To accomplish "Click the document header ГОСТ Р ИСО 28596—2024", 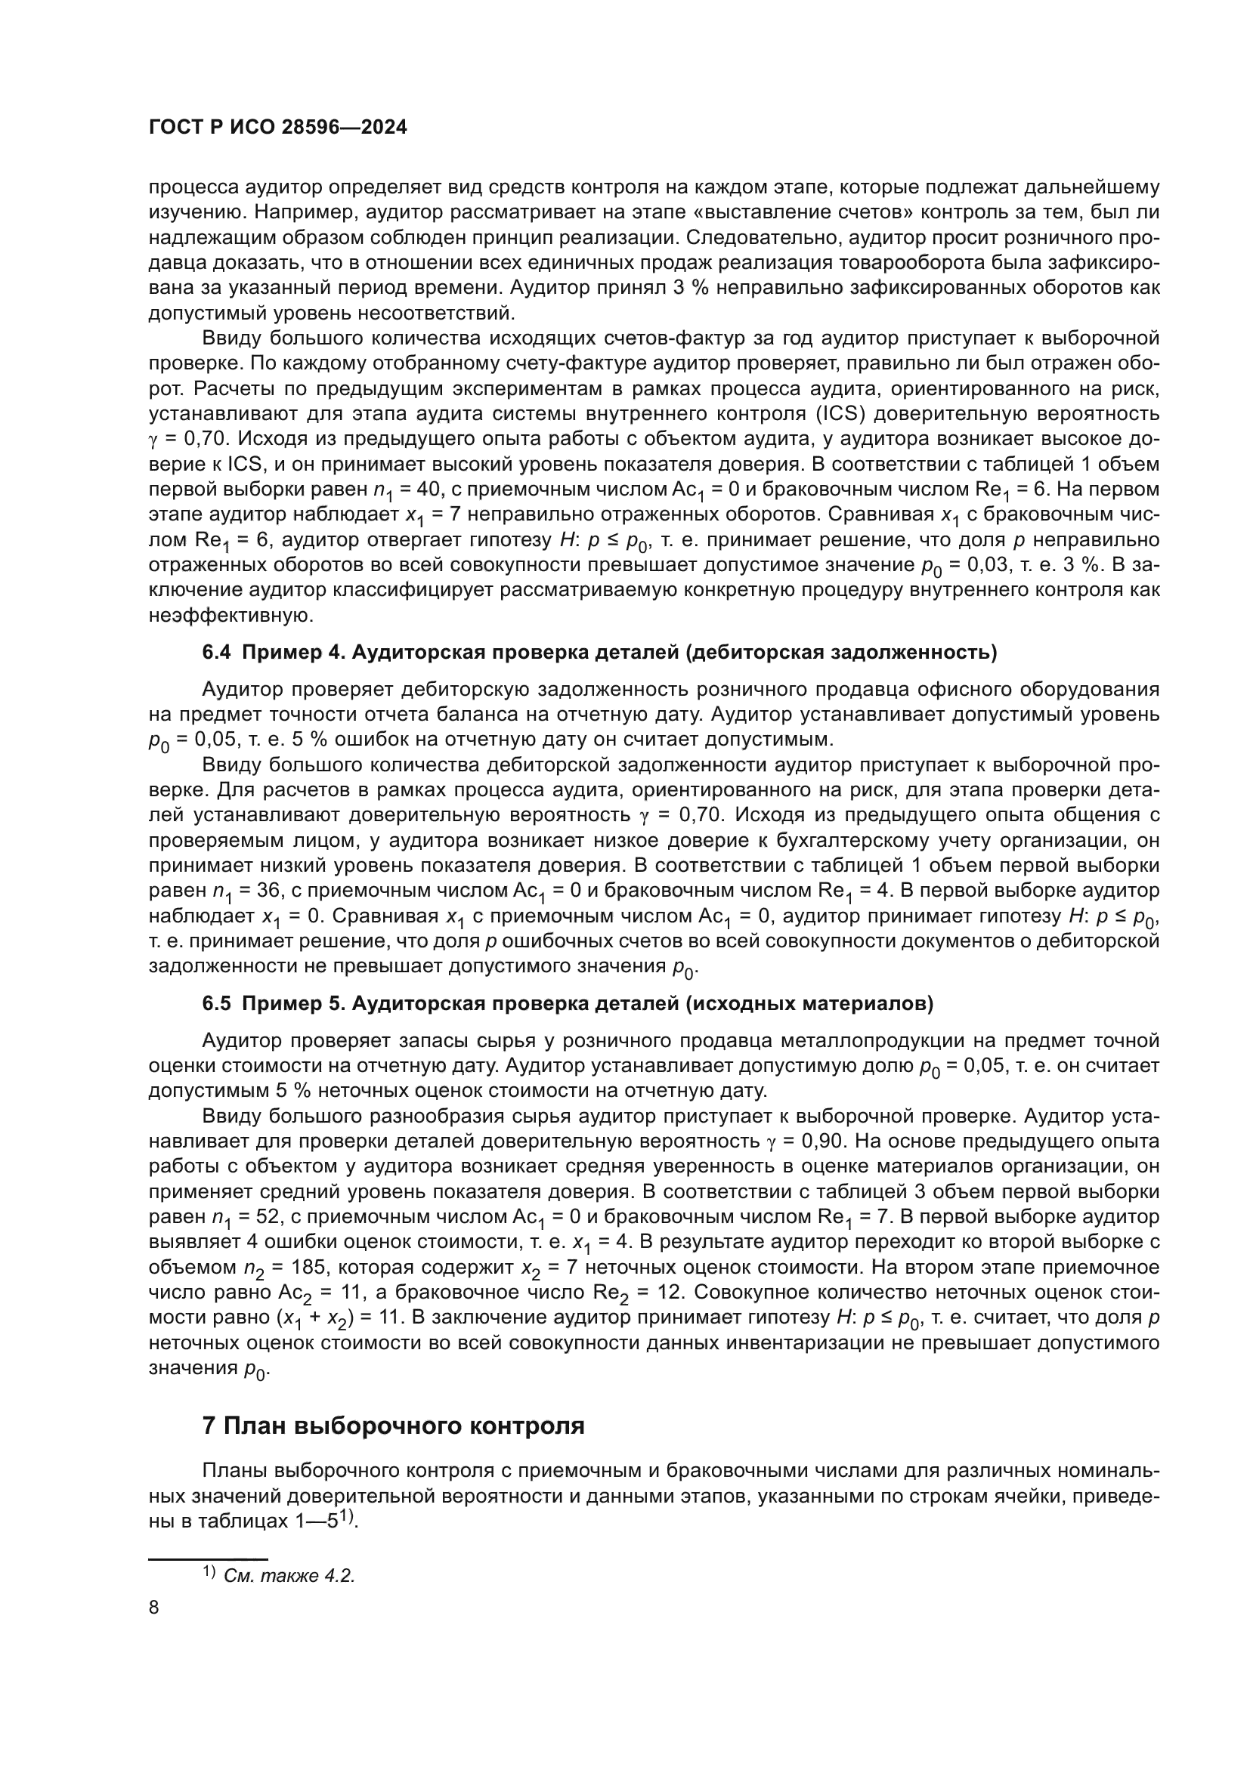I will [277, 128].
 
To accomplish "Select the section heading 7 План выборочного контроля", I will [393, 1426].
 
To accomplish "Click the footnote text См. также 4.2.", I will [289, 1575].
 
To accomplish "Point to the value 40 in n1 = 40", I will [421, 490].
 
